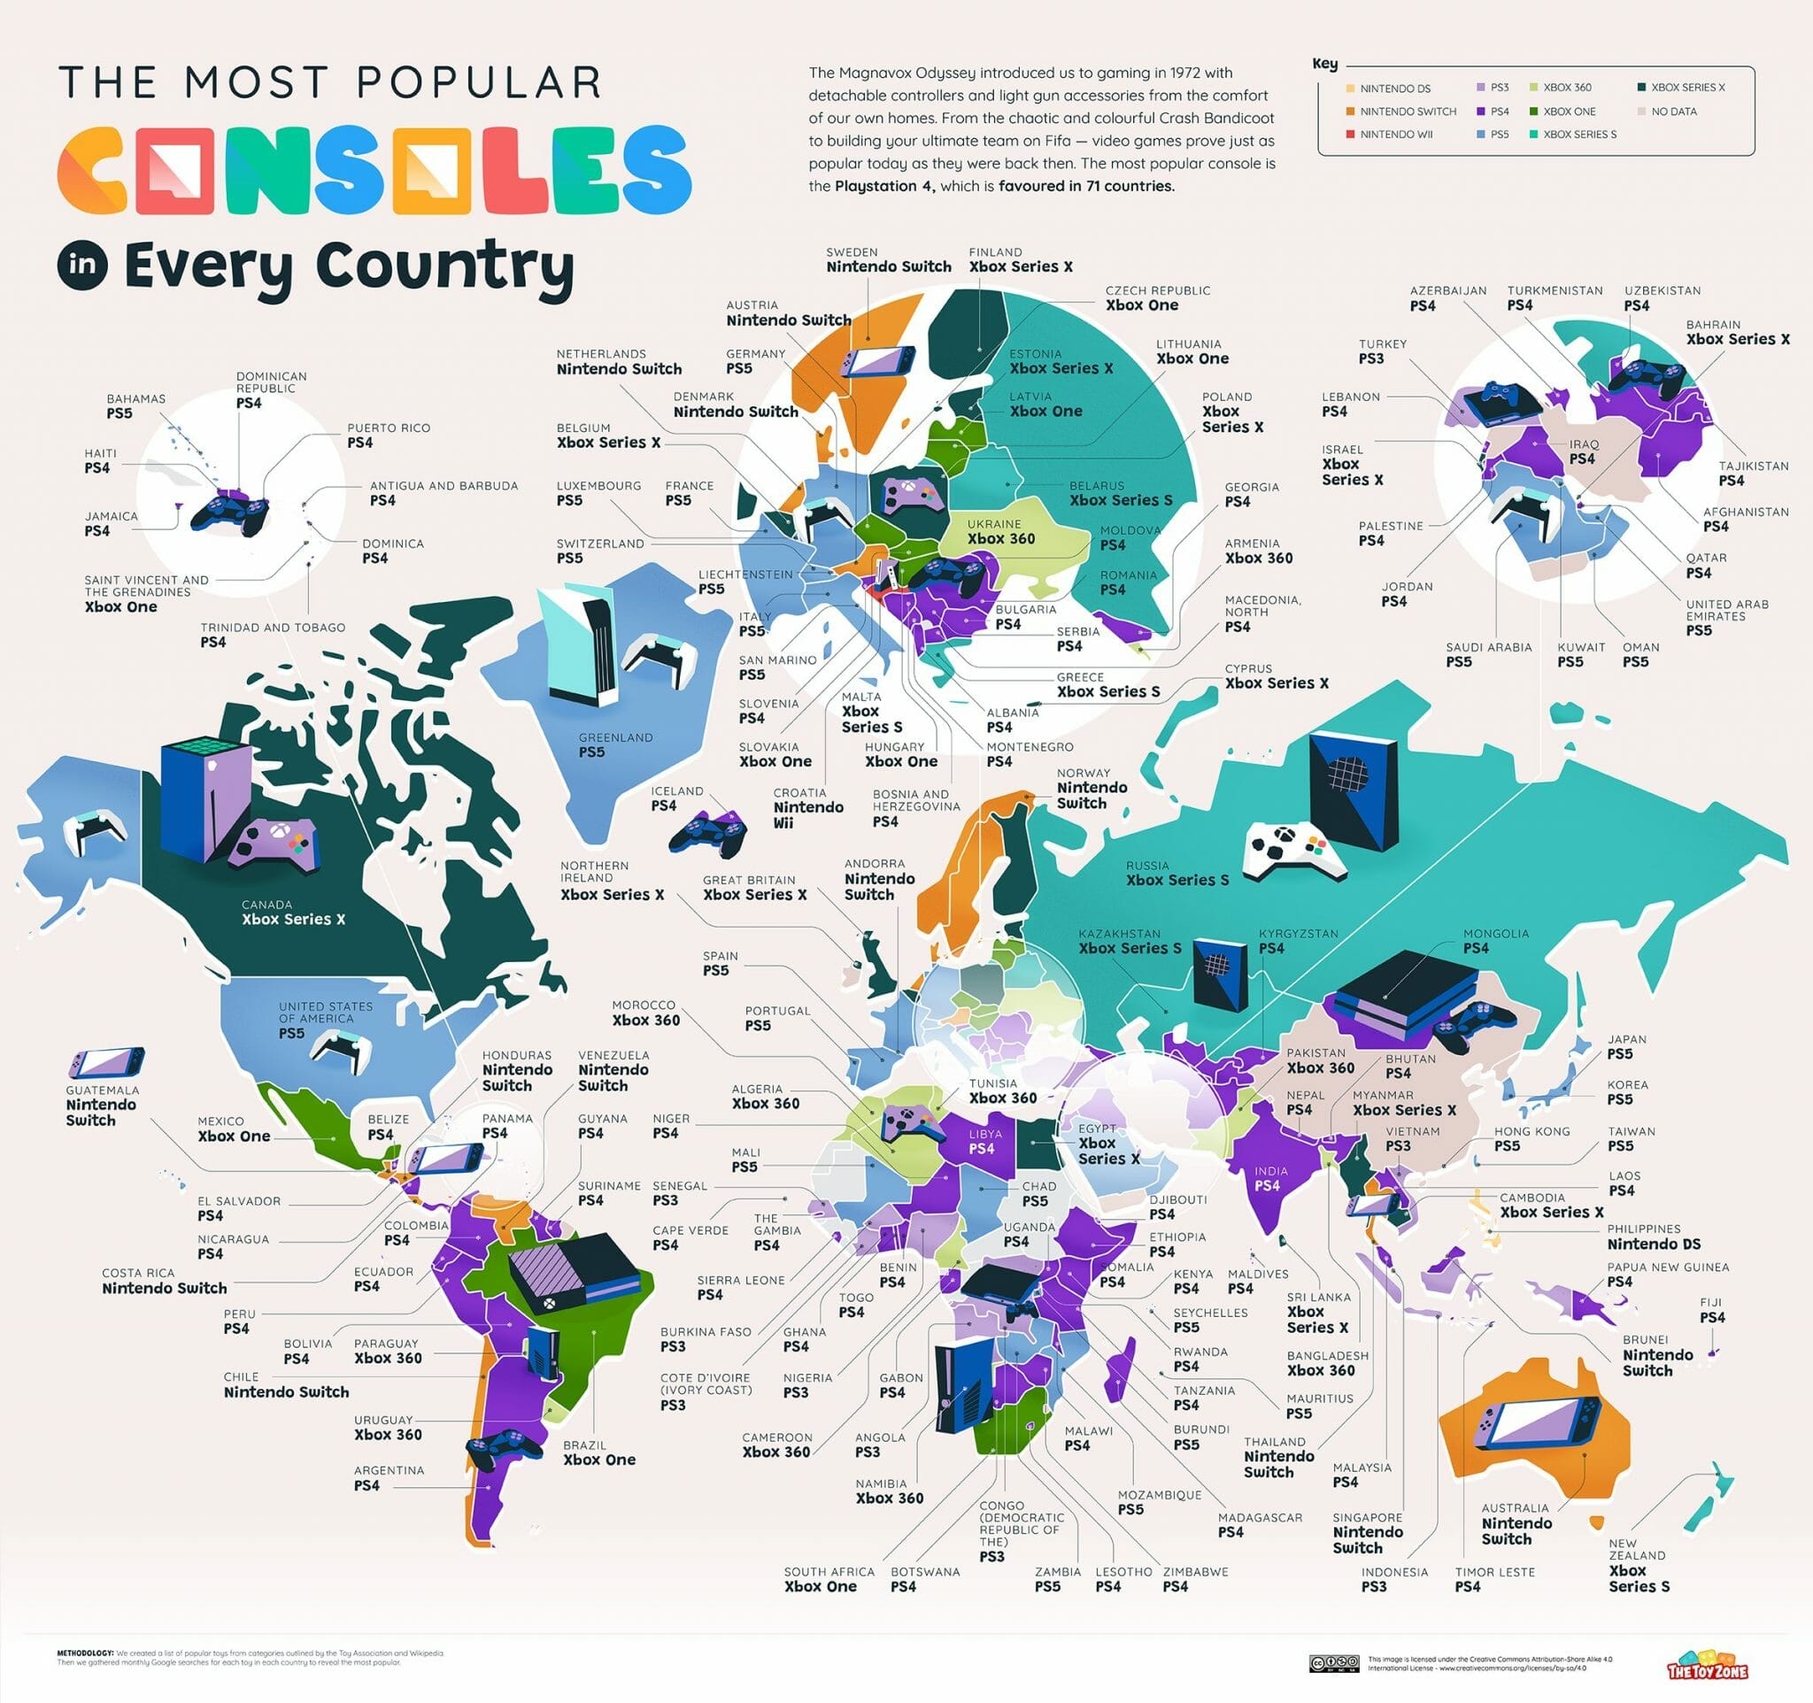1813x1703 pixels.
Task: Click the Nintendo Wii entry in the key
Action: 1395,134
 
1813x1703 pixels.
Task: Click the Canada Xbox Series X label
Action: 293,912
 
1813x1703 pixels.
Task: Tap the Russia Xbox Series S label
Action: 1177,873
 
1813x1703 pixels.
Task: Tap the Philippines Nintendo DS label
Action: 1653,1237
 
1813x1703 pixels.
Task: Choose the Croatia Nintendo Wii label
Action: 808,808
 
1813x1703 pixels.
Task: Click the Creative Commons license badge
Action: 1334,1664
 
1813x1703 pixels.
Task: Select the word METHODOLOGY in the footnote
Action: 85,1653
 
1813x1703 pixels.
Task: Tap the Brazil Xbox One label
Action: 598,1453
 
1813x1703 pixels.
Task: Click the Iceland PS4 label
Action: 675,798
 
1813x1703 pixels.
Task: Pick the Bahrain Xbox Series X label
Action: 1736,332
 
